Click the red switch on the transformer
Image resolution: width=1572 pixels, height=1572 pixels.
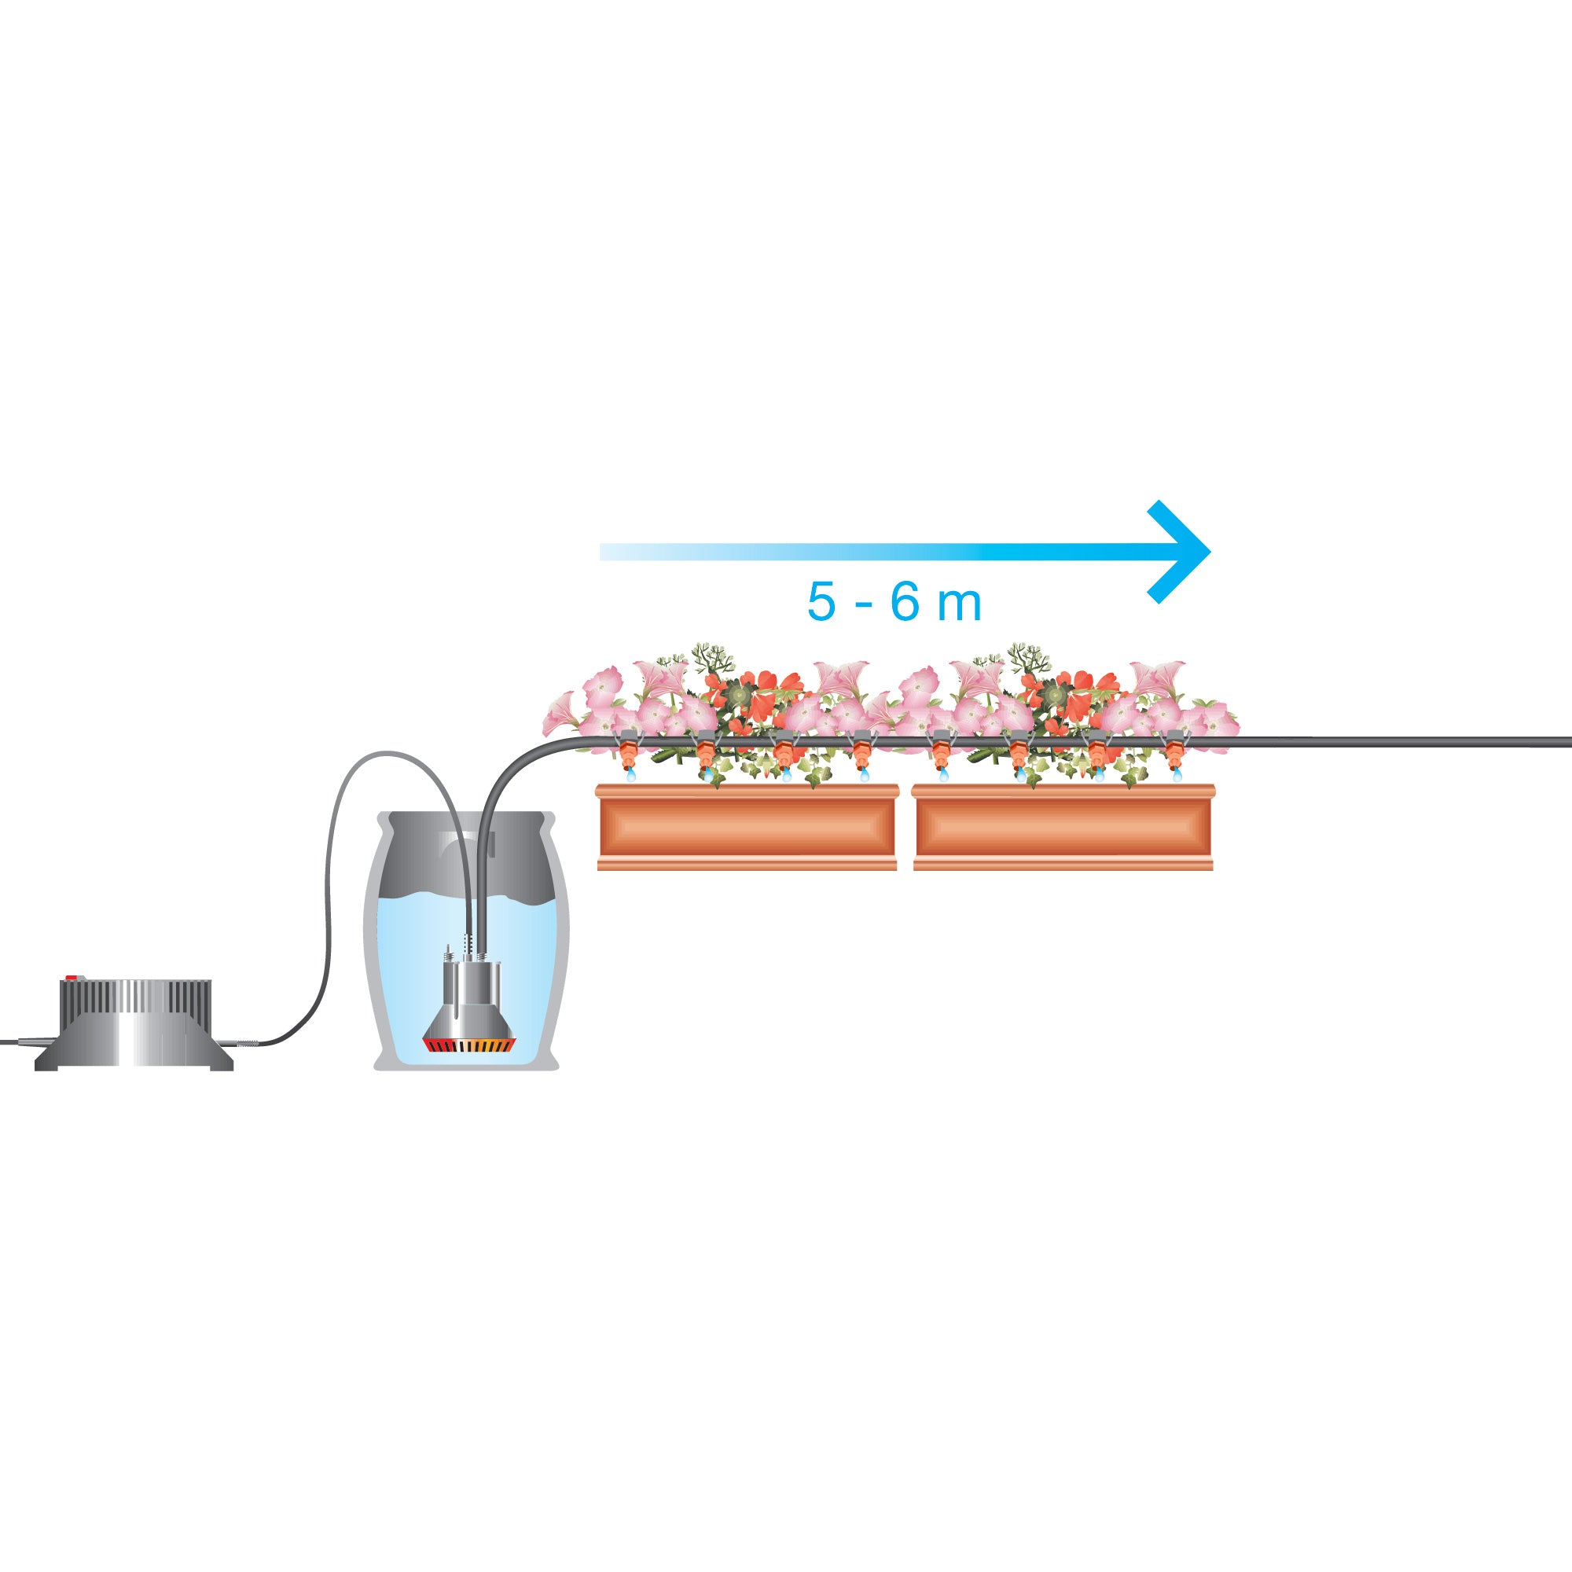click(72, 977)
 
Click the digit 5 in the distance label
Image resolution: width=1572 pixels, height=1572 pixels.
click(822, 601)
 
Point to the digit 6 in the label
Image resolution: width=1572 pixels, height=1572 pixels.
click(905, 601)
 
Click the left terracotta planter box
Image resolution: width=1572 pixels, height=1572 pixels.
click(747, 827)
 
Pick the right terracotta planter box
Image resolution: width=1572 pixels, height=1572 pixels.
click(1063, 827)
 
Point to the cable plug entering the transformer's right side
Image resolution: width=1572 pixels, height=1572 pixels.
click(247, 1043)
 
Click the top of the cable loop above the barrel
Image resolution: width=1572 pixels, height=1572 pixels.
click(387, 754)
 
